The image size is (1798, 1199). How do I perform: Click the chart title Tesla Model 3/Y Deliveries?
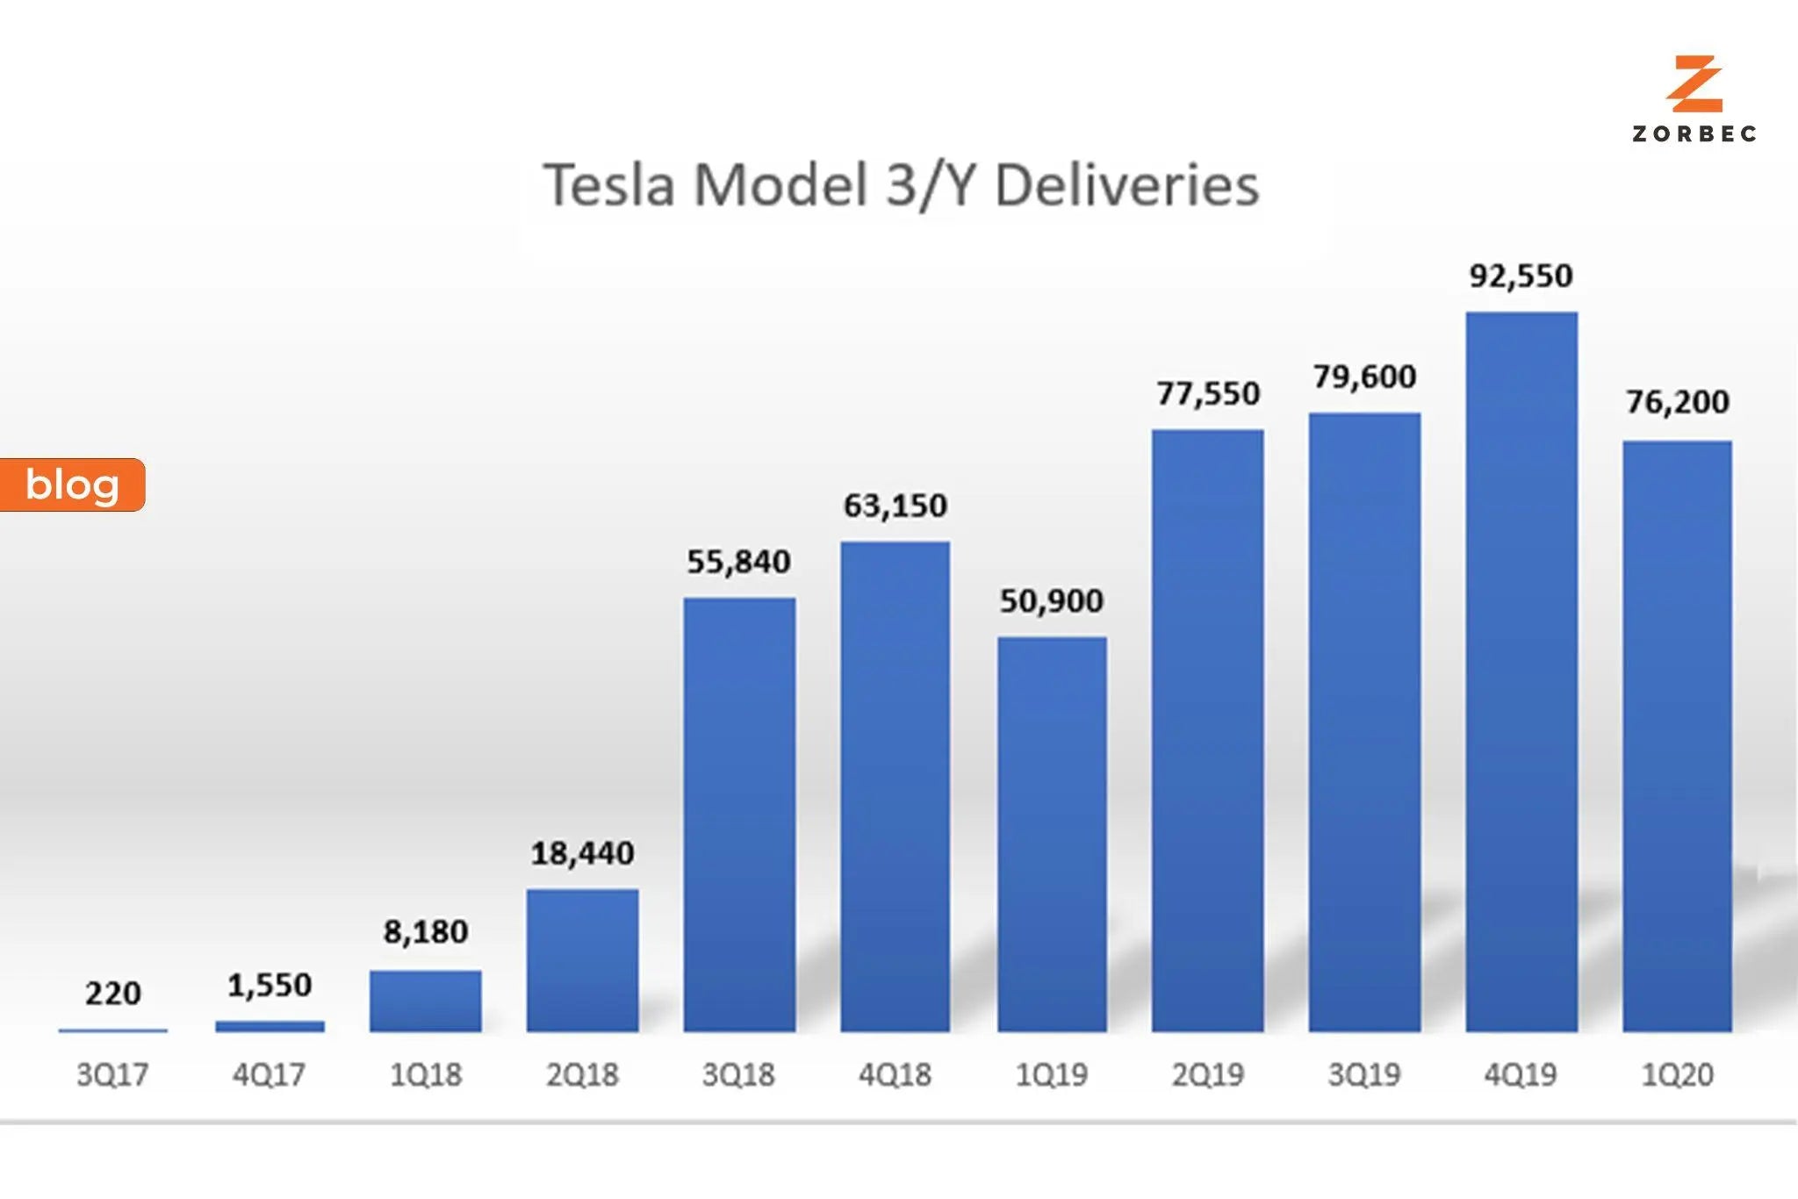click(x=901, y=185)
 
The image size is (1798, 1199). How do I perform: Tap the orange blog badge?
click(x=72, y=485)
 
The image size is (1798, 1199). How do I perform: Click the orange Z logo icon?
click(x=1694, y=84)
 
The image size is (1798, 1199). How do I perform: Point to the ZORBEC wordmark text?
click(x=1694, y=134)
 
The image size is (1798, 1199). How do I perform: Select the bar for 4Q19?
click(x=1521, y=671)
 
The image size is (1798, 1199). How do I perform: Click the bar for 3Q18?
click(x=739, y=815)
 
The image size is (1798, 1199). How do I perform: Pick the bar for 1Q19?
click(x=1052, y=834)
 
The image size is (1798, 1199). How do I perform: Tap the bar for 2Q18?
click(x=582, y=960)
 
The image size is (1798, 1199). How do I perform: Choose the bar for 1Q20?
click(x=1677, y=736)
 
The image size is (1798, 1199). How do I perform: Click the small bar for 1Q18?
click(x=426, y=1001)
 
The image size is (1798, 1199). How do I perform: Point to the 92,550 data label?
click(x=1521, y=276)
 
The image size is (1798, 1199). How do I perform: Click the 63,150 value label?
click(x=895, y=506)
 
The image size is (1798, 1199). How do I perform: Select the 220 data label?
click(x=112, y=994)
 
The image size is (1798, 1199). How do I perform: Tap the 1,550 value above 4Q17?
click(x=270, y=985)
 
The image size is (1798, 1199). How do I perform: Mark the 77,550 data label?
click(x=1208, y=393)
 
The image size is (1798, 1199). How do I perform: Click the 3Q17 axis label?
click(x=112, y=1074)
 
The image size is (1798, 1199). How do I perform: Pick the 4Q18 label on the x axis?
click(x=895, y=1074)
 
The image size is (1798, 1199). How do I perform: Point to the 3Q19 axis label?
click(x=1364, y=1074)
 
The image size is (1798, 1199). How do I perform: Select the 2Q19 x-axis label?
click(x=1208, y=1074)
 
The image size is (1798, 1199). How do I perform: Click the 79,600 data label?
click(x=1364, y=377)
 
